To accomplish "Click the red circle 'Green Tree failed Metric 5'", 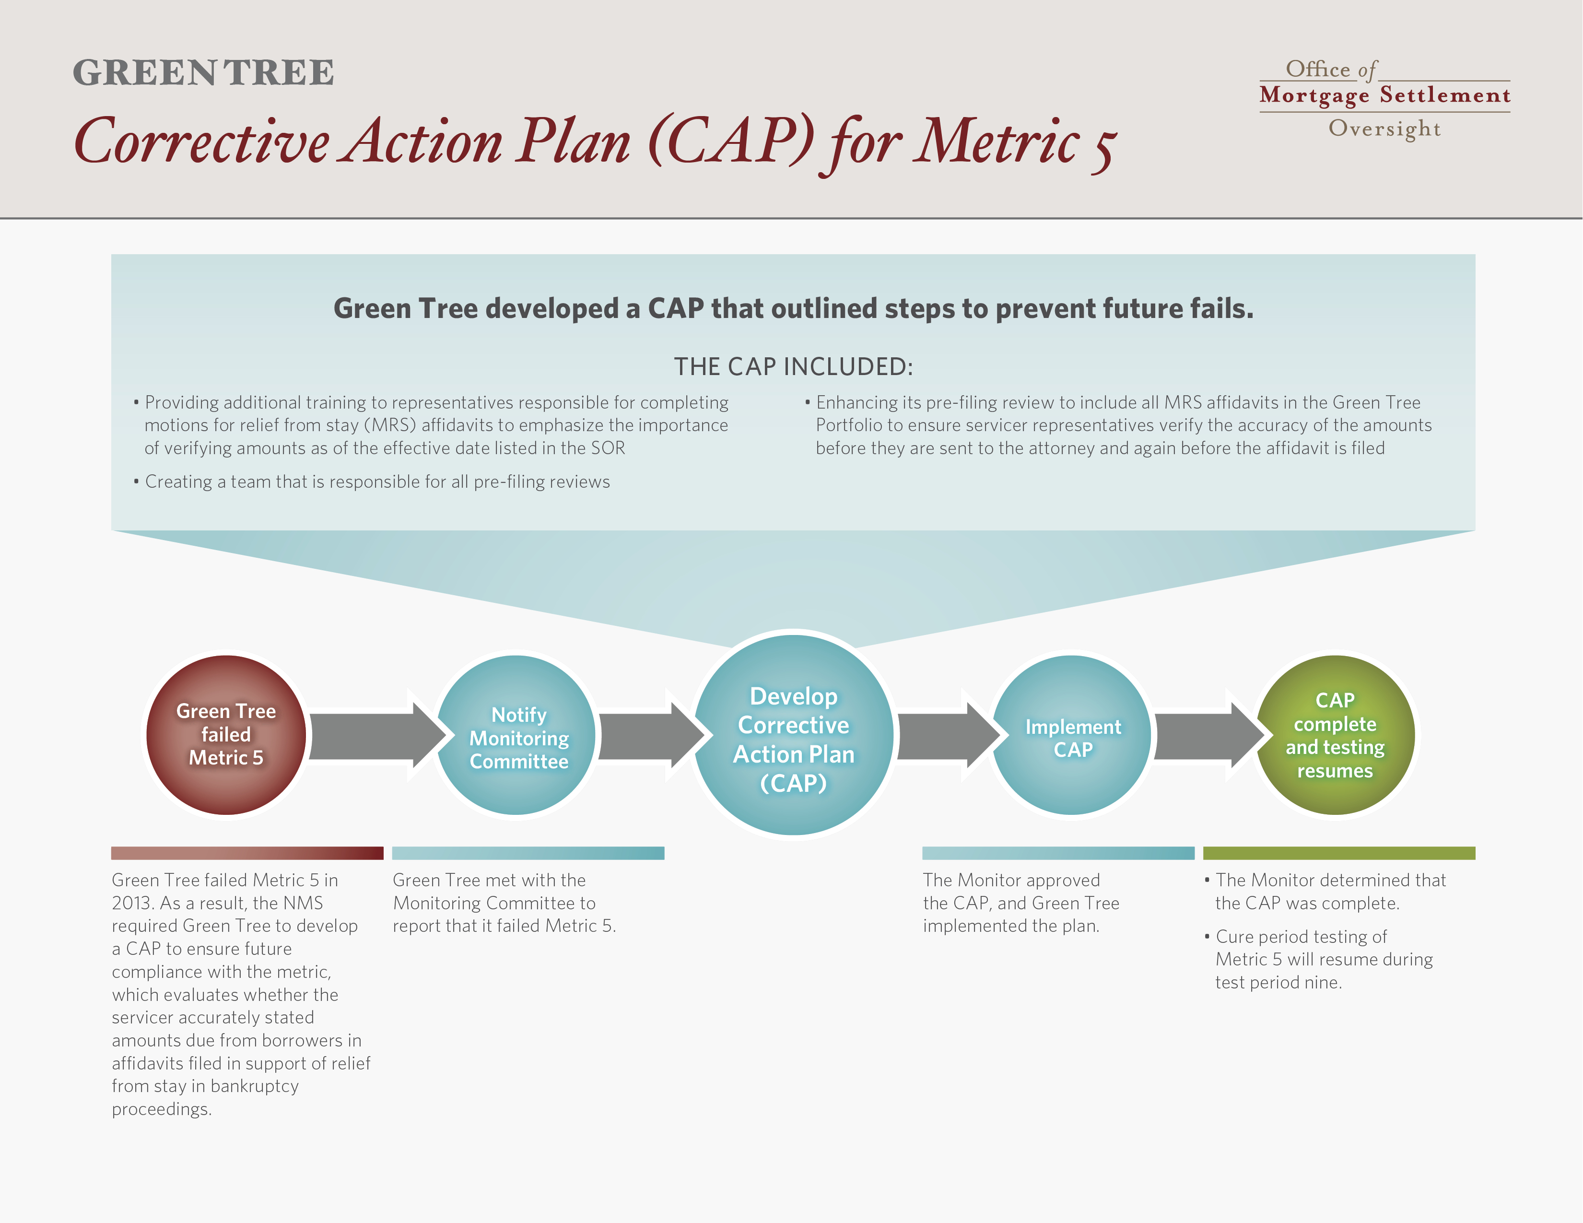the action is click(226, 735).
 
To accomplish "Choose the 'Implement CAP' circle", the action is click(1071, 735).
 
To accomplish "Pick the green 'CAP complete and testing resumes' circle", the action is click(1335, 735).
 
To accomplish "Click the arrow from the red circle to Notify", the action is click(375, 735).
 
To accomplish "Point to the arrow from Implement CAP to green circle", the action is click(1207, 735).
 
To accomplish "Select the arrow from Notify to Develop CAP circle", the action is click(650, 735).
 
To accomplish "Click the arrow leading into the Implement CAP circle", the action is click(947, 735).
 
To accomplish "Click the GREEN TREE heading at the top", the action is click(204, 72).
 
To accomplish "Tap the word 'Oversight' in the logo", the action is click(1384, 129).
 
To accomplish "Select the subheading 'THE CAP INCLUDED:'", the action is click(794, 367).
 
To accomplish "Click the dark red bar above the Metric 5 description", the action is click(247, 853).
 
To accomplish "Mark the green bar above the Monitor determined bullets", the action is click(1339, 853).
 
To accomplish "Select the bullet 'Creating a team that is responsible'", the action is click(372, 482).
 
